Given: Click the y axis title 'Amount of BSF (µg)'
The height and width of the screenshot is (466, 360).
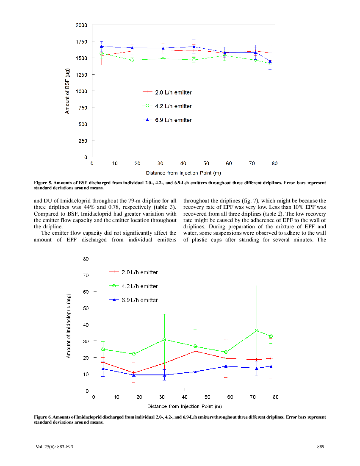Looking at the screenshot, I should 67,91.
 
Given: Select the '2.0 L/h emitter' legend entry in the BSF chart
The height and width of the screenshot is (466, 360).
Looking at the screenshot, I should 167,92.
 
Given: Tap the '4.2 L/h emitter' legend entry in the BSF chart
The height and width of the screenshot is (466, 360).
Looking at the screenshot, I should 167,106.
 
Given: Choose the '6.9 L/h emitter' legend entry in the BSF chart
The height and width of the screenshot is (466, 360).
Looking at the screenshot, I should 167,120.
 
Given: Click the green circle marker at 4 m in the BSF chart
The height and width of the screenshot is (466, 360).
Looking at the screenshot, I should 102,53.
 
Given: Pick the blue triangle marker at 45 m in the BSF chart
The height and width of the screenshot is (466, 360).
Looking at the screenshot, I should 194,47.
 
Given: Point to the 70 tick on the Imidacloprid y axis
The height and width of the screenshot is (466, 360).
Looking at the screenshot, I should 86,275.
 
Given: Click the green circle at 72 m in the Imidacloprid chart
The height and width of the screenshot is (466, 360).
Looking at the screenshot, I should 257,330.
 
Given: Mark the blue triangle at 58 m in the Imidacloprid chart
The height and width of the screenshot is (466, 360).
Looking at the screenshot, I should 226,366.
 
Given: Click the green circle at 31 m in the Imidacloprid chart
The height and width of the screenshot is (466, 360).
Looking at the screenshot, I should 164,339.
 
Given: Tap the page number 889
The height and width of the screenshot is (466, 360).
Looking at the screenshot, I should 321,446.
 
